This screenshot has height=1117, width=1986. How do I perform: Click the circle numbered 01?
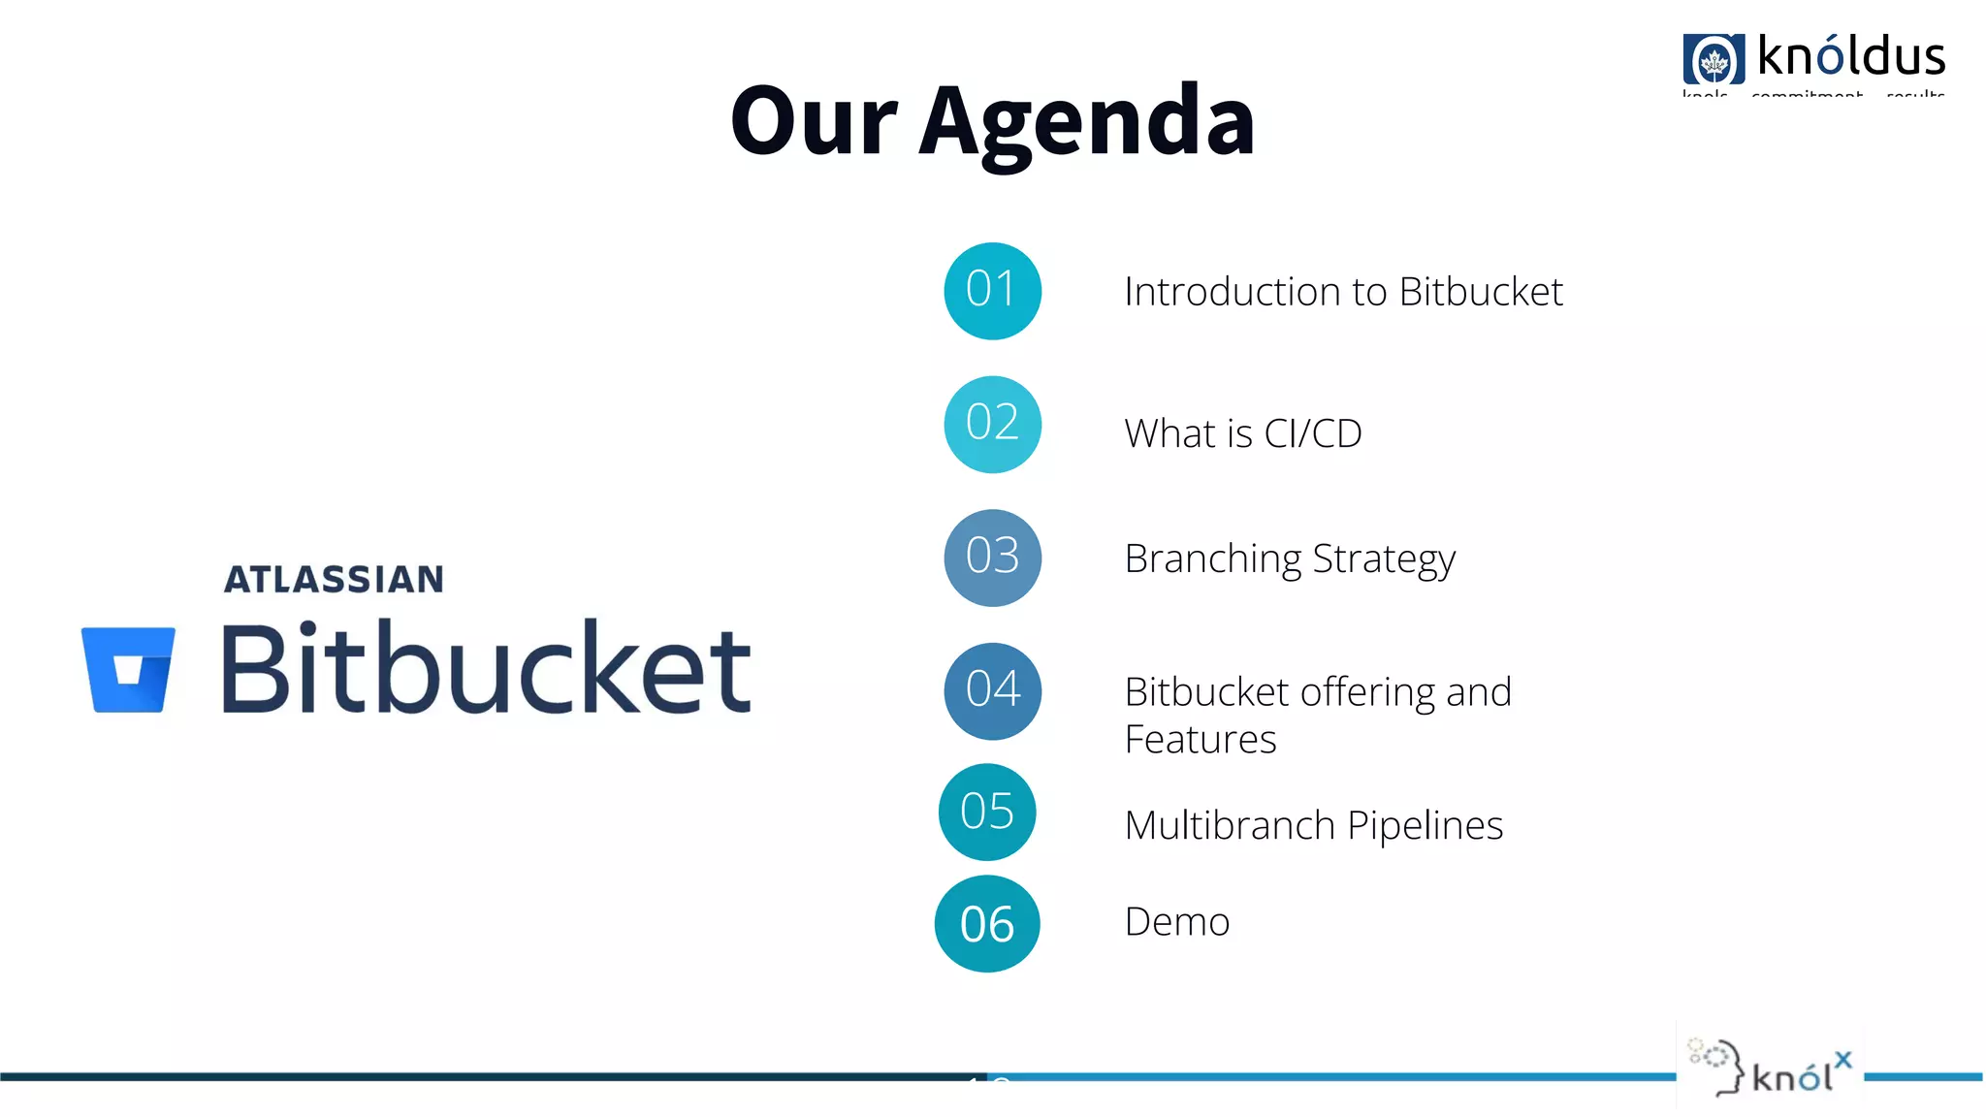[992, 291]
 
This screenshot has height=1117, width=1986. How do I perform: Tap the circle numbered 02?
[992, 424]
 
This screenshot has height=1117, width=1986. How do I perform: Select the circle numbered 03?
[992, 558]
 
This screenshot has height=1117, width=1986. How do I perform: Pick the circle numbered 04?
[992, 690]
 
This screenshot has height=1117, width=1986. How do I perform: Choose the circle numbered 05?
[987, 812]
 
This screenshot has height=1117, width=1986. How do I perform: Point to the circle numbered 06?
[987, 924]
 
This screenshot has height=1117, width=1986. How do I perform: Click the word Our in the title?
[813, 121]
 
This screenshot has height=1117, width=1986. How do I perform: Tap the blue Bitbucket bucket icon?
[128, 670]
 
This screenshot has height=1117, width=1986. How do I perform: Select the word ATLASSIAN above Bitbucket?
[334, 580]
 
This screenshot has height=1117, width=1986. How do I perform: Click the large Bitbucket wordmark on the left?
[486, 669]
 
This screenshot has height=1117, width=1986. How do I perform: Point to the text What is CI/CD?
[1242, 433]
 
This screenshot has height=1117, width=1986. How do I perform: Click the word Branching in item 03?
[1212, 559]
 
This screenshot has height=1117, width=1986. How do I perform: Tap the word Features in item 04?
[1200, 740]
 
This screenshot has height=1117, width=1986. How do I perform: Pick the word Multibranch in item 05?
[1230, 825]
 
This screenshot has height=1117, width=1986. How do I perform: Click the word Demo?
[1176, 921]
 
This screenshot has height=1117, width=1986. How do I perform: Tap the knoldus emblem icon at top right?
[1714, 60]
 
